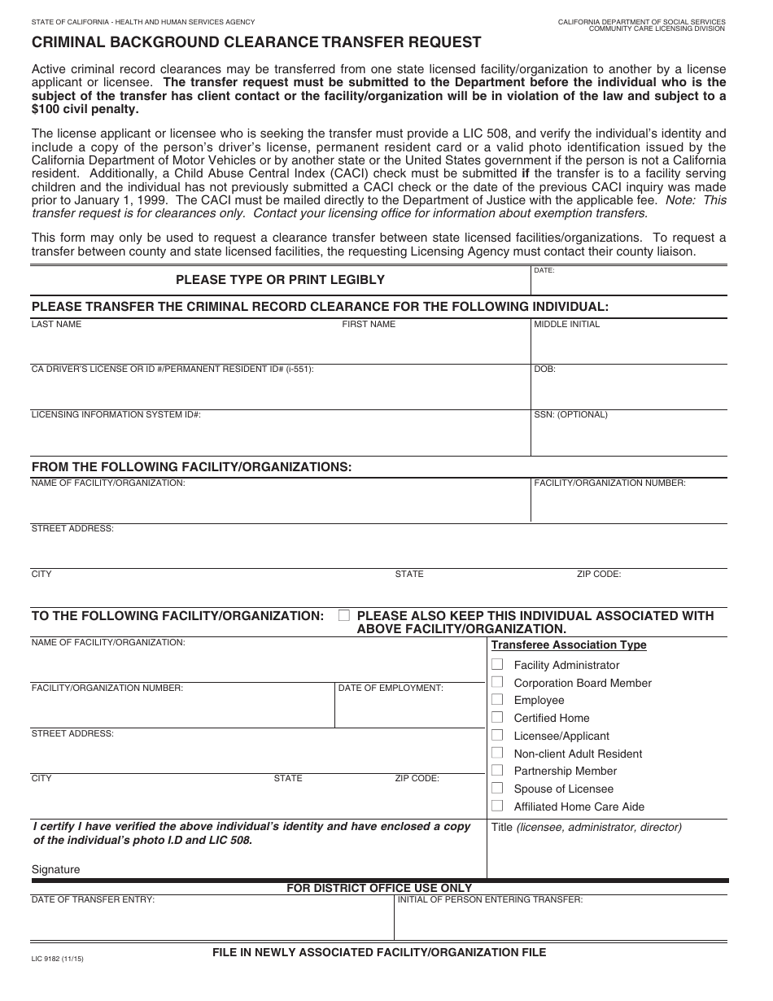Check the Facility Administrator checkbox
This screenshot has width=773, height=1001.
(x=497, y=664)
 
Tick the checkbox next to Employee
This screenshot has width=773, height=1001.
(x=497, y=699)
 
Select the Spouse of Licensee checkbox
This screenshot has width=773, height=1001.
(x=497, y=788)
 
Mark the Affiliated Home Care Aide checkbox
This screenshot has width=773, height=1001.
(x=497, y=806)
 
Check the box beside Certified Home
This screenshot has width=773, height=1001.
(x=497, y=717)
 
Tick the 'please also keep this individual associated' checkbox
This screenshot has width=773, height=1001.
(x=344, y=615)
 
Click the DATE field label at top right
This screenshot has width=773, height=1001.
(x=544, y=270)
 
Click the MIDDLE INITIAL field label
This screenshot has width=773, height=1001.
(x=566, y=324)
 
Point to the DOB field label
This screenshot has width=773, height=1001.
(x=544, y=369)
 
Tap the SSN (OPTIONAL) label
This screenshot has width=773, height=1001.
(x=570, y=414)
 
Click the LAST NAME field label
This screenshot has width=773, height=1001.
(x=56, y=324)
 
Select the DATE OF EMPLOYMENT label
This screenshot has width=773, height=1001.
(x=391, y=688)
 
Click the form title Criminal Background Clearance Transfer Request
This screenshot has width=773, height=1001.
(x=256, y=42)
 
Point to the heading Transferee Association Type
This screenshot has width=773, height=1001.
(x=569, y=645)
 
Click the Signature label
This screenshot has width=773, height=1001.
(x=55, y=869)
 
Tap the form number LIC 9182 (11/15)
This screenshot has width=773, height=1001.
(x=57, y=959)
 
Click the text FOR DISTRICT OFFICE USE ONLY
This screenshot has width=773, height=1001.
(x=379, y=888)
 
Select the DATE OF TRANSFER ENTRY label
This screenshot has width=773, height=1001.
(x=93, y=899)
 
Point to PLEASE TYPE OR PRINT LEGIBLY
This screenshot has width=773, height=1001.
(x=280, y=280)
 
